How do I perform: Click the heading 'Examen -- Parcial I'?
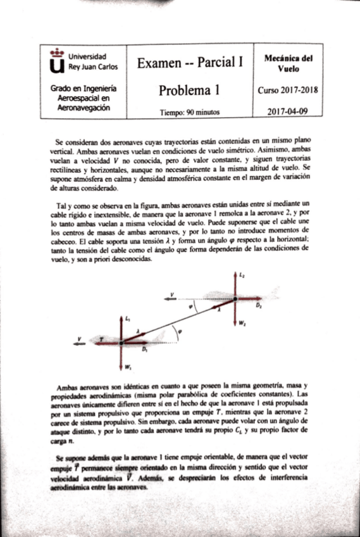[x=190, y=62]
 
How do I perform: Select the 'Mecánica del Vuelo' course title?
[x=288, y=62]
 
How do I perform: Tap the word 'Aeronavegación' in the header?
[x=79, y=108]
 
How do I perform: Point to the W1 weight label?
[x=128, y=367]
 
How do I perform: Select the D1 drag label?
[x=145, y=350]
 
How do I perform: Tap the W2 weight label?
[x=242, y=323]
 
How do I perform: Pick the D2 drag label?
[x=258, y=305]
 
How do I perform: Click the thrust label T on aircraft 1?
[x=101, y=339]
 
